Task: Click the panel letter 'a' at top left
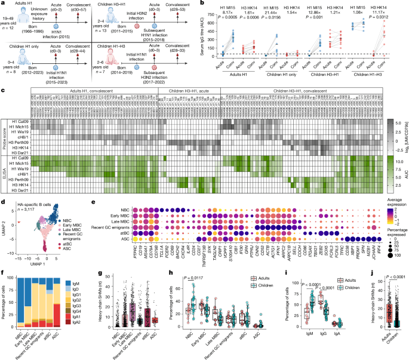pyautogui.click(x=3, y=4)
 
